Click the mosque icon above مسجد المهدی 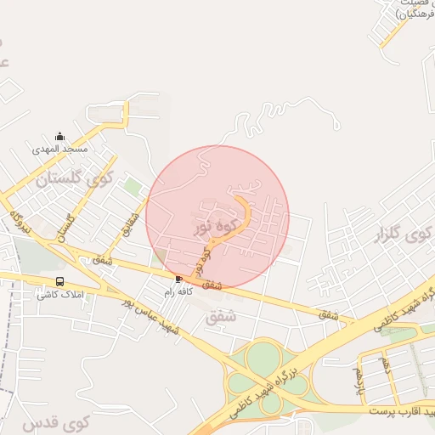tap(59, 136)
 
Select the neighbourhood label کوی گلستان tap(76, 179)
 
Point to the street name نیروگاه tap(20, 220)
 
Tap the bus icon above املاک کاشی tap(59, 281)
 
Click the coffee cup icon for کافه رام tap(178, 279)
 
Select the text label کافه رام tap(179, 291)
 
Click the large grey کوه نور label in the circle tap(214, 227)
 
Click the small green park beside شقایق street tap(131, 185)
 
